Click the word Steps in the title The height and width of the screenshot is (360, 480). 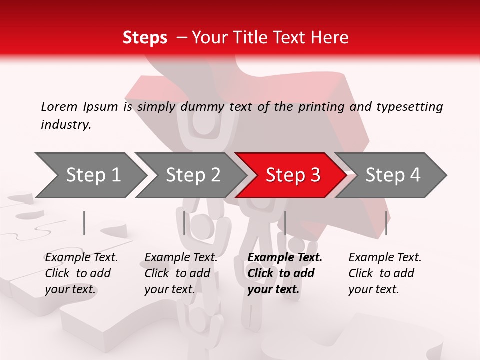145,38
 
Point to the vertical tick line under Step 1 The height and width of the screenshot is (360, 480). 84,223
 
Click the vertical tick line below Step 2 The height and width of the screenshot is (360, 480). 184,223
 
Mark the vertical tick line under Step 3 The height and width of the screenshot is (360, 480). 285,223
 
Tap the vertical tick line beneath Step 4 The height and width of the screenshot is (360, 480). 386,223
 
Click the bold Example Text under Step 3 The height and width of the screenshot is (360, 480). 285,258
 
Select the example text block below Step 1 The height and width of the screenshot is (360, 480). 81,273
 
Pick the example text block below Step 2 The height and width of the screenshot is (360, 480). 181,273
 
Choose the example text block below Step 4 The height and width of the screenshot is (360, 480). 385,273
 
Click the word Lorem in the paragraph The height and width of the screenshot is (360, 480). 59,107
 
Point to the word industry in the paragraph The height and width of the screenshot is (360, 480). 66,125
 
